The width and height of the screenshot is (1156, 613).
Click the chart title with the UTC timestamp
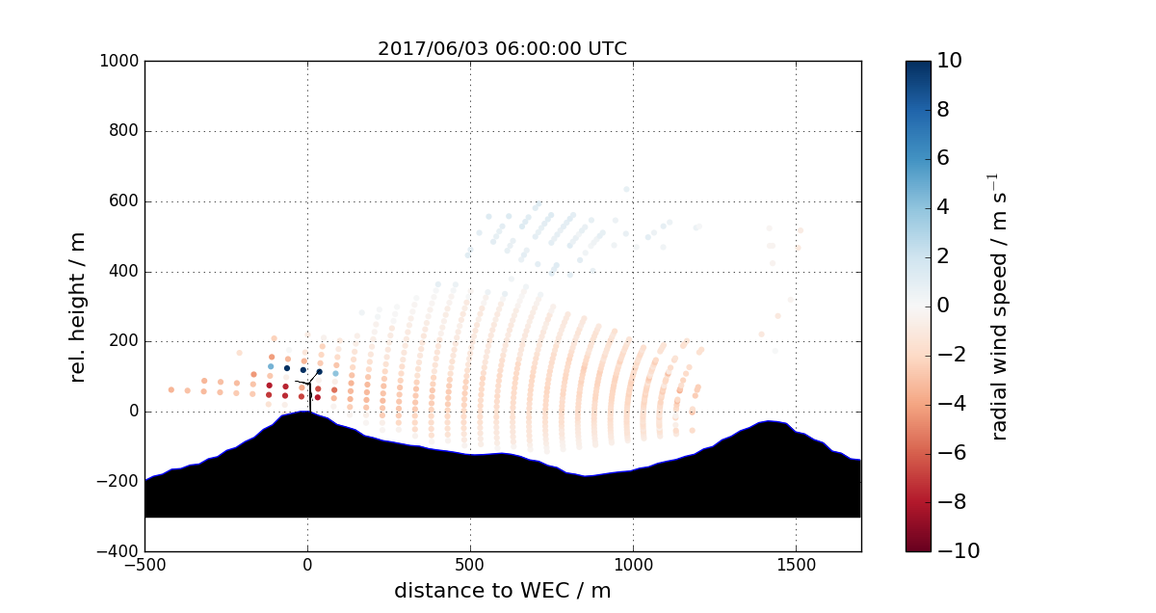tap(502, 48)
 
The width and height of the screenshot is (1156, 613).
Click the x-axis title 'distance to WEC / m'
tap(502, 591)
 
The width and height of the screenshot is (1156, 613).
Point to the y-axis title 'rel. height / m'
tap(78, 306)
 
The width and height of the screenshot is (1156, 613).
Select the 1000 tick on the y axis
tap(120, 62)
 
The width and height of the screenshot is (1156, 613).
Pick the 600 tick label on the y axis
tap(124, 201)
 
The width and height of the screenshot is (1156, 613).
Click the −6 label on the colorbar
tap(951, 453)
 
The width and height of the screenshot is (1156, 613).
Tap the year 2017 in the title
tap(399, 48)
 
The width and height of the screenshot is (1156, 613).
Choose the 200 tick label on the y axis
tap(124, 341)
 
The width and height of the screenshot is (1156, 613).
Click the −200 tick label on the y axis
tap(119, 482)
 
